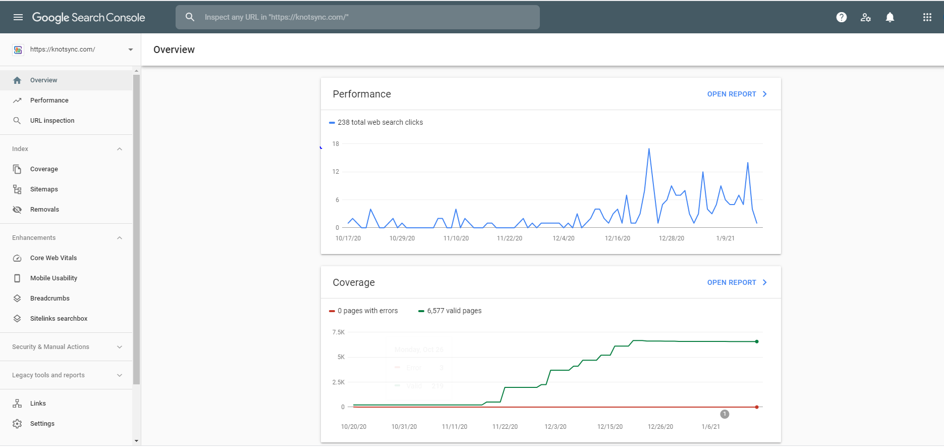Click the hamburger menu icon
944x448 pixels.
(18, 17)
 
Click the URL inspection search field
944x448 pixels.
(358, 17)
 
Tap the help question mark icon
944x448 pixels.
(842, 17)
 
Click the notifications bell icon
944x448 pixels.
(890, 17)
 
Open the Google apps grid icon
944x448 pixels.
(927, 17)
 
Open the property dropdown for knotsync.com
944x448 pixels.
(131, 49)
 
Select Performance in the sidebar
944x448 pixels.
(49, 101)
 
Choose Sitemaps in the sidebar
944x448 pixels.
(44, 189)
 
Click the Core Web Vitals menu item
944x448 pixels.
(53, 258)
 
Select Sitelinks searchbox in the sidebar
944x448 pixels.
(59, 319)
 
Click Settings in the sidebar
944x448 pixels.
(42, 424)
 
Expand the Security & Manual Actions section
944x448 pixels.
(120, 347)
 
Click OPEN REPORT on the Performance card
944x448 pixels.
(737, 94)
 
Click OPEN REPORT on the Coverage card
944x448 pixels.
(737, 282)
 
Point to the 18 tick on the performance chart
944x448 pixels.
(336, 144)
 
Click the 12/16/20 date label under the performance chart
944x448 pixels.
(618, 238)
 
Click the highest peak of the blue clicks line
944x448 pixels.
(649, 148)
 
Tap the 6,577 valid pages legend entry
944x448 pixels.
(450, 311)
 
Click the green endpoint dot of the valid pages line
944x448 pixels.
(757, 341)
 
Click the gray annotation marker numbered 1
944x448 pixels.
(725, 414)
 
